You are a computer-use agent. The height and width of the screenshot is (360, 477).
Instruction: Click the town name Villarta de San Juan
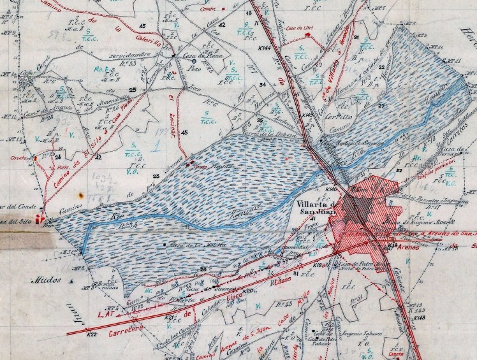[317, 207]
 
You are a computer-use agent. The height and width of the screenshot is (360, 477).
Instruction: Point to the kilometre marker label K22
[92, 334]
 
